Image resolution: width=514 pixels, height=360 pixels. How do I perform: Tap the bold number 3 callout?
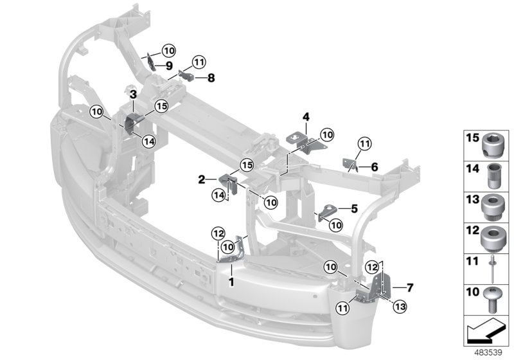click(132, 94)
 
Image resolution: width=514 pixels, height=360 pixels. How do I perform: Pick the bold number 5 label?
click(353, 208)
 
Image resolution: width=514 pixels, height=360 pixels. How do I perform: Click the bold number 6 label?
click(375, 166)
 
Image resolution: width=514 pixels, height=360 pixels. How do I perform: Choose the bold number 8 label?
click(211, 78)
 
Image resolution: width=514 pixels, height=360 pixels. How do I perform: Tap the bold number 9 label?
click(168, 66)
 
